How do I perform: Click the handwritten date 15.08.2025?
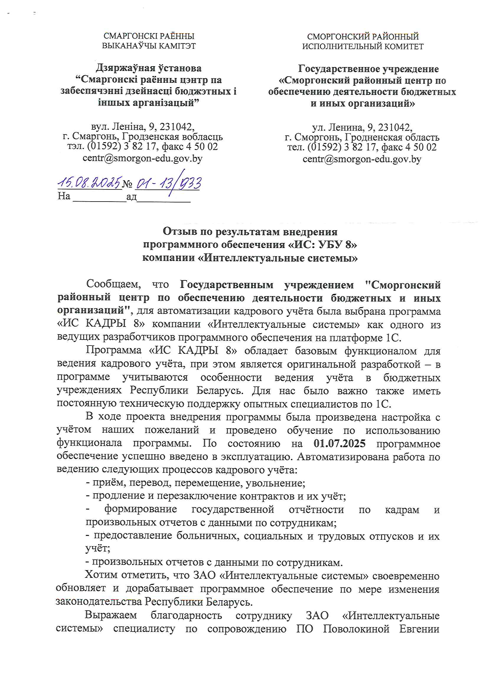pyautogui.click(x=90, y=182)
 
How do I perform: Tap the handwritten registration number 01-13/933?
pyautogui.click(x=168, y=183)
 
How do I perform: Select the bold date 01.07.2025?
pyautogui.click(x=340, y=443)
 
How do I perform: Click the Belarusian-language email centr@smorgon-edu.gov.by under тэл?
pyautogui.click(x=143, y=158)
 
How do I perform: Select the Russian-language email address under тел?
pyautogui.click(x=362, y=159)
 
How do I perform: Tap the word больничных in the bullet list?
pyautogui.click(x=208, y=536)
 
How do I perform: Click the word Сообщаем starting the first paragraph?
pyautogui.click(x=113, y=283)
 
